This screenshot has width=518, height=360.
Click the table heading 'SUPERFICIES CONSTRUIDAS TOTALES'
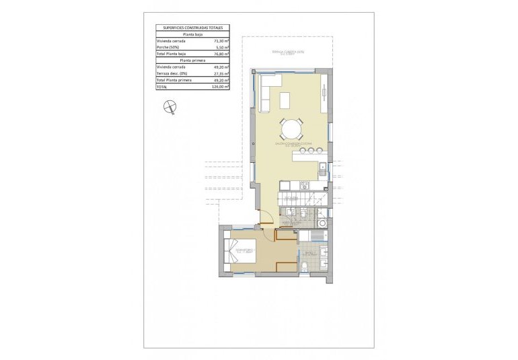click(192, 28)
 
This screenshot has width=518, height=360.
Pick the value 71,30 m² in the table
click(220, 40)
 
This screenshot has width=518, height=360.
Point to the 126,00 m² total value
click(219, 87)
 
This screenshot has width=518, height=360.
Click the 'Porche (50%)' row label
click(167, 47)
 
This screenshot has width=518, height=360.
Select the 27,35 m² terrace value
click(220, 73)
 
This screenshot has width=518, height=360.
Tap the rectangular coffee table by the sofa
click(285, 101)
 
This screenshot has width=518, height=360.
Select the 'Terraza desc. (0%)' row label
click(172, 73)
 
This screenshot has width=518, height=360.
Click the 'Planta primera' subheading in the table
click(192, 61)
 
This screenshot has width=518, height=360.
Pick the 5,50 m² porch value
click(221, 47)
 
